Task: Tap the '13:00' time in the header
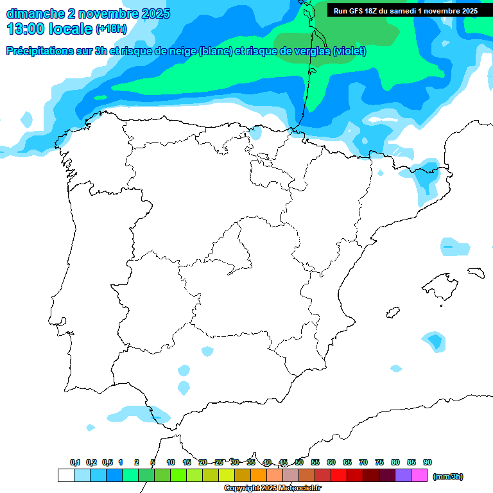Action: (x=26, y=29)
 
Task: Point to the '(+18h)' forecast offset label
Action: (x=112, y=29)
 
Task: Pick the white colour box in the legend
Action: (x=65, y=476)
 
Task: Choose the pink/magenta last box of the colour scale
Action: (x=419, y=476)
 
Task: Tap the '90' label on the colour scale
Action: (x=428, y=462)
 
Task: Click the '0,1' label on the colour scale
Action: (x=75, y=462)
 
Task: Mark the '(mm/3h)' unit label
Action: (x=448, y=476)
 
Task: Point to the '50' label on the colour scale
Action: (x=299, y=462)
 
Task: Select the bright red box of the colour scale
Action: (x=339, y=476)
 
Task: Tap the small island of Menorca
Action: (x=475, y=272)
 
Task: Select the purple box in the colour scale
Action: (x=403, y=476)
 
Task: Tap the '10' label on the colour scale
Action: (x=171, y=462)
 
